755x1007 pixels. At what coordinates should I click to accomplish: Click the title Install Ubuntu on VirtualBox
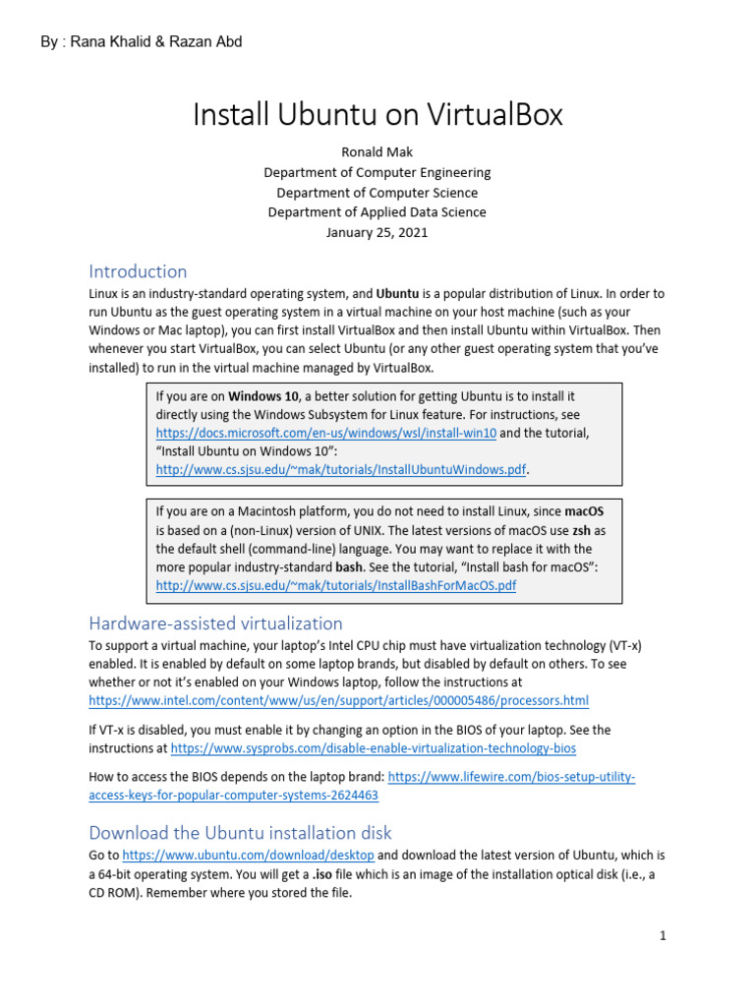pyautogui.click(x=377, y=115)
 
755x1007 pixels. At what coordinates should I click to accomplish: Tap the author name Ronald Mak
pyautogui.click(x=377, y=153)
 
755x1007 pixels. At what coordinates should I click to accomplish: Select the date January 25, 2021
pyautogui.click(x=377, y=233)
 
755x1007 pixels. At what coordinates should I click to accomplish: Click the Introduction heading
pyautogui.click(x=138, y=271)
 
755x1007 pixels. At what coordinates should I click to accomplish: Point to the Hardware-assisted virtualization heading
pyautogui.click(x=215, y=623)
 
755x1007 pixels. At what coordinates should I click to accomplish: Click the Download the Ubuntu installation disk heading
pyautogui.click(x=240, y=832)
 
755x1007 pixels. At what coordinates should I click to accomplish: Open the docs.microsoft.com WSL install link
pyautogui.click(x=326, y=433)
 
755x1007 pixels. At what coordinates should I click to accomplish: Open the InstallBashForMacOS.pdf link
pyautogui.click(x=336, y=585)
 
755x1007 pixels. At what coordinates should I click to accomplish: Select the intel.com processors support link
pyautogui.click(x=338, y=700)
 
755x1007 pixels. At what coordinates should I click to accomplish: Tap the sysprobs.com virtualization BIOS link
pyautogui.click(x=373, y=748)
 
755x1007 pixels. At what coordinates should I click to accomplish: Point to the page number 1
pyautogui.click(x=664, y=936)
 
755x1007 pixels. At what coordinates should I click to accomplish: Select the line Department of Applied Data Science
pyautogui.click(x=377, y=212)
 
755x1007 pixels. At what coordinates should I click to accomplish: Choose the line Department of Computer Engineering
pyautogui.click(x=377, y=173)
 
